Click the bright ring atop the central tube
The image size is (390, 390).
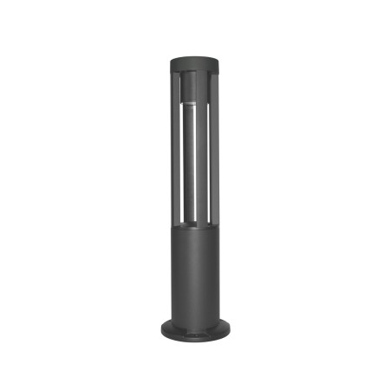pyautogui.click(x=194, y=103)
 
